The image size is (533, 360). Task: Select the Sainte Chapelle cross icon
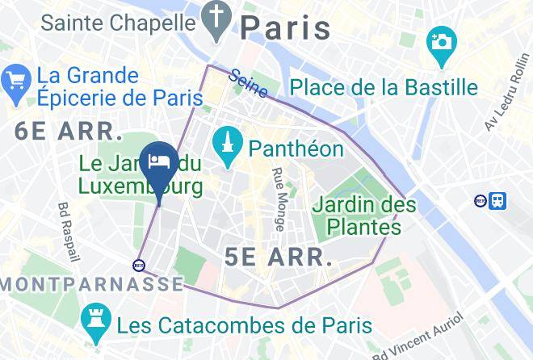click(217, 23)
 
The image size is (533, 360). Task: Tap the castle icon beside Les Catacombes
click(96, 326)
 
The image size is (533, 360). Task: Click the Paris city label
click(286, 28)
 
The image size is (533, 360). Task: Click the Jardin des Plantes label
click(364, 216)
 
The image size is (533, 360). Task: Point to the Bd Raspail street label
click(69, 232)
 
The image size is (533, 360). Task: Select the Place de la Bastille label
click(384, 86)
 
